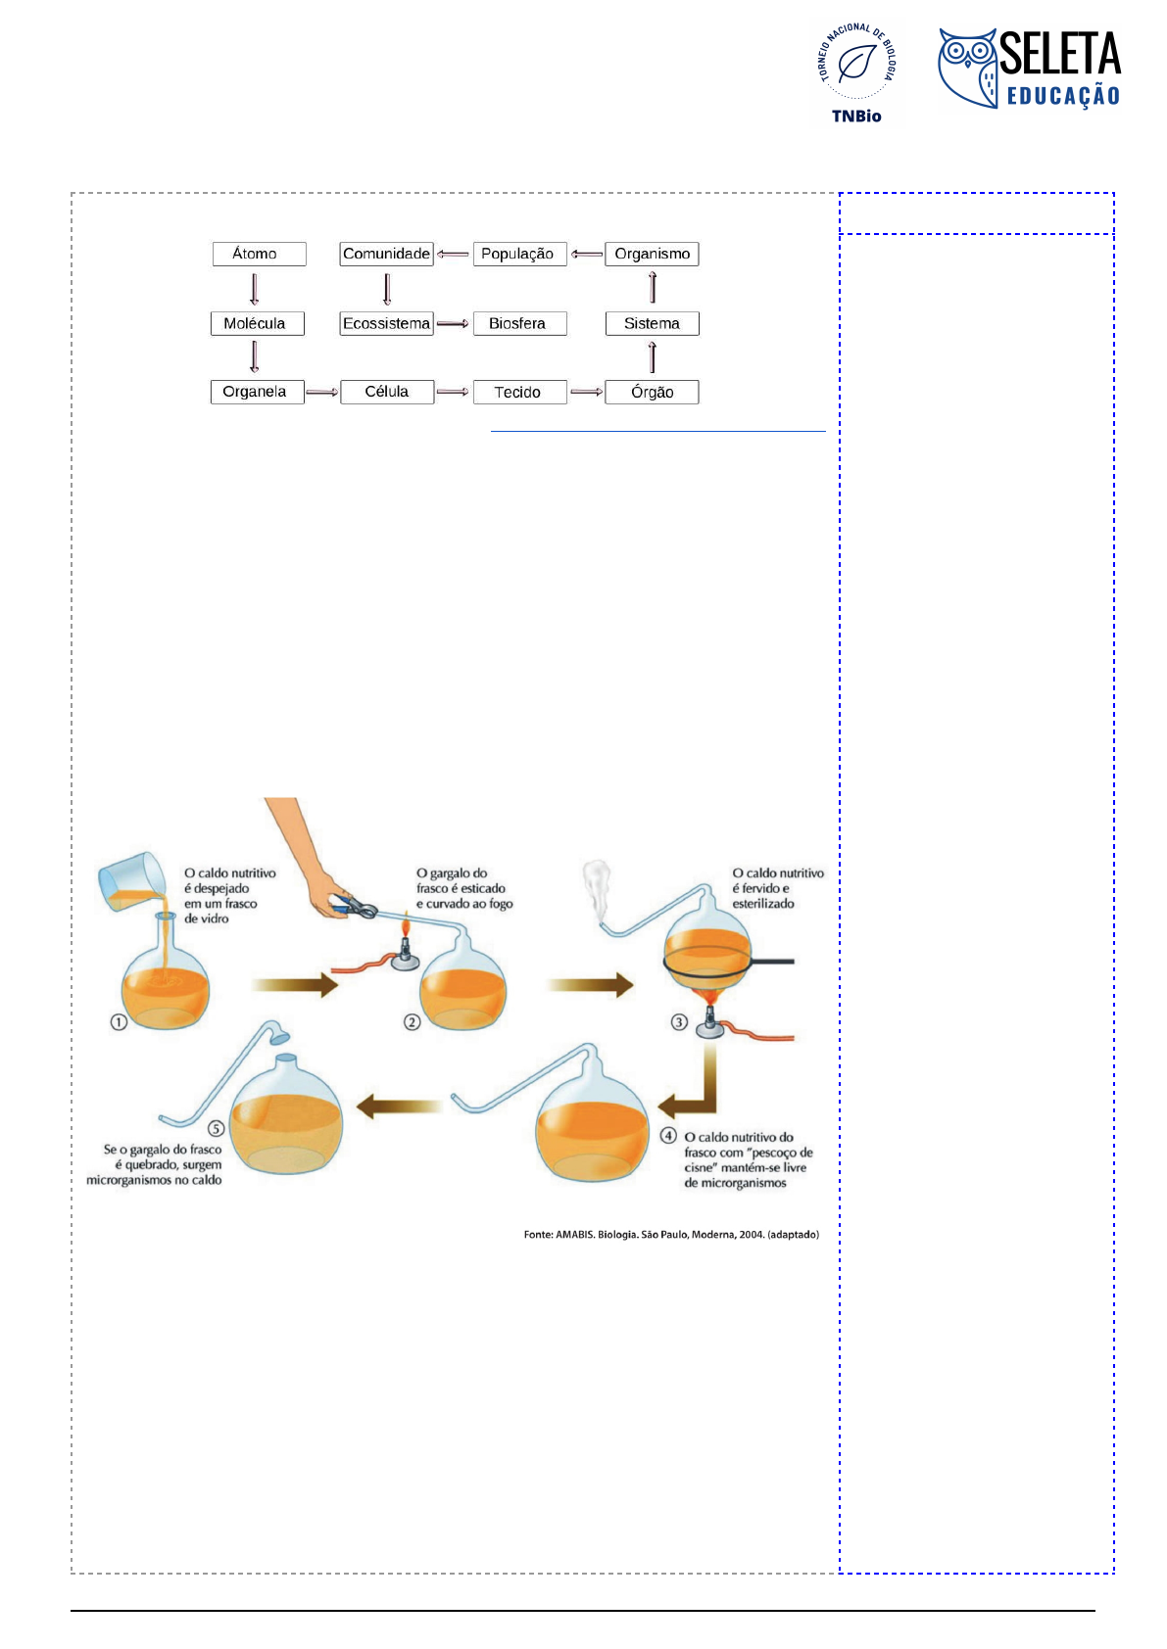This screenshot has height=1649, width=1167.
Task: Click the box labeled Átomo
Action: coord(259,254)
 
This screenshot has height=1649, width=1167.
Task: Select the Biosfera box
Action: coord(519,324)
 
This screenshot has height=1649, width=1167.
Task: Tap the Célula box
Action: coord(387,392)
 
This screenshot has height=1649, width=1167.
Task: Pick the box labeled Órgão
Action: coord(652,392)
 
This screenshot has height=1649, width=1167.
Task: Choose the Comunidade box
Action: coord(386,254)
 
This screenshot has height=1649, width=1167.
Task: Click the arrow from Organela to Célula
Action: coord(322,393)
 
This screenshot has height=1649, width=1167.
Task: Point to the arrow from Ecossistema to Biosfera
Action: coord(453,324)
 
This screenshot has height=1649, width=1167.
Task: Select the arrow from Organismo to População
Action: coord(587,254)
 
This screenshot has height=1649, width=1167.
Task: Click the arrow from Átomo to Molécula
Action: coord(254,289)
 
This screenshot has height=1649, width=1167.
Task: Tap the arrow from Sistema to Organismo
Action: coord(652,287)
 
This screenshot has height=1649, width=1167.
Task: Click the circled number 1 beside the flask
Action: coord(119,1021)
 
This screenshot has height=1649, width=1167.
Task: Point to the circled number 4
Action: coord(667,1135)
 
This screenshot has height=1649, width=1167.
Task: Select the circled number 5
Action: coord(216,1128)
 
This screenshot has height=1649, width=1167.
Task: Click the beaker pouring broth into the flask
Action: coord(132,881)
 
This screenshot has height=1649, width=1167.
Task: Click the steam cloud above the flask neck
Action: coord(596,888)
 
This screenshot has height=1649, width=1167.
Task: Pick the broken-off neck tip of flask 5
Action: coord(279,1037)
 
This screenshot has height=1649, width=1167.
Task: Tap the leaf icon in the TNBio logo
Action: coord(856,63)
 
